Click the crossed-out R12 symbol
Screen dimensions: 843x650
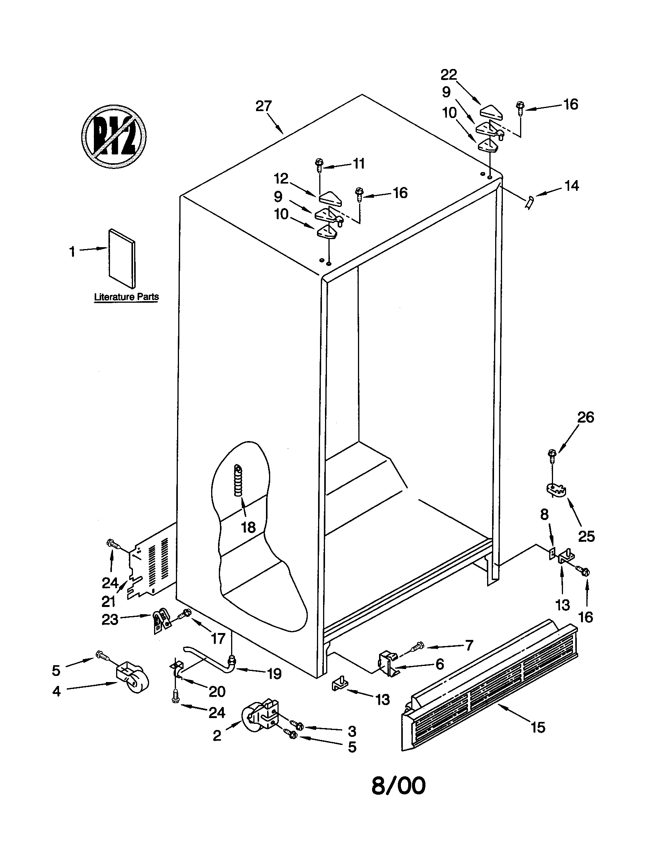click(114, 137)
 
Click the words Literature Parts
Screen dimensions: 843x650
click(126, 297)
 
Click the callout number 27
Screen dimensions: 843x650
click(264, 106)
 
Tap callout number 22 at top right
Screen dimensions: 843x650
click(448, 74)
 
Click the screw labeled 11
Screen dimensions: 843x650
click(319, 165)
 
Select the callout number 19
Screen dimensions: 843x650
click(274, 674)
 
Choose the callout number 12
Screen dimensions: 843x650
click(281, 178)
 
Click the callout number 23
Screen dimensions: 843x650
click(110, 620)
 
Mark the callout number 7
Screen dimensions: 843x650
click(469, 645)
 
